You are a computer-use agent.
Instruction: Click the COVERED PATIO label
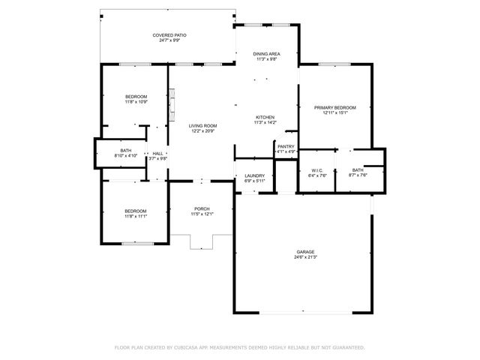pos(169,35)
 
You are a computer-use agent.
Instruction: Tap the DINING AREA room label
pos(266,54)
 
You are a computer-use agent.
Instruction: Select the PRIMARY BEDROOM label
pos(334,108)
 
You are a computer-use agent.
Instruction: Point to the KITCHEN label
pos(265,118)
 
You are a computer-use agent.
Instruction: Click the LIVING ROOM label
pos(202,126)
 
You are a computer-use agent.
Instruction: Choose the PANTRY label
pos(286,146)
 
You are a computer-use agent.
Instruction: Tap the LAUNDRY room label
pos(255,175)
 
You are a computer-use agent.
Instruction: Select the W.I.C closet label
pos(316,170)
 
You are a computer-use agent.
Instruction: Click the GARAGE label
pos(304,252)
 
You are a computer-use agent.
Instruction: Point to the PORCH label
pos(202,208)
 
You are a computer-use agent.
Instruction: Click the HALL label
pos(157,153)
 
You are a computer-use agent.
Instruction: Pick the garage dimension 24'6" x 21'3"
pos(304,257)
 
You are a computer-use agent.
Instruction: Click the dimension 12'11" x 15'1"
pos(334,113)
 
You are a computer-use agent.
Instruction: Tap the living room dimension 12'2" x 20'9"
pos(202,131)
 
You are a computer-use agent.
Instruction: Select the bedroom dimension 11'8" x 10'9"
pos(136,102)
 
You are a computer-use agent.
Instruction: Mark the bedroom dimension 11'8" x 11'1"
pos(136,216)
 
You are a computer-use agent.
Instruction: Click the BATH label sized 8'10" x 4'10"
pos(125,150)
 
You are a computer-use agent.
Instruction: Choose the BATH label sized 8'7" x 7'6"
pos(357,170)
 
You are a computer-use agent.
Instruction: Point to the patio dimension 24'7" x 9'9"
pos(169,40)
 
